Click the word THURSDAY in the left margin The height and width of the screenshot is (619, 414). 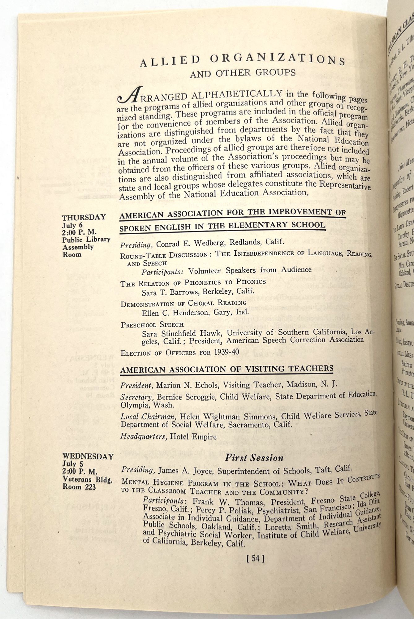tap(84, 217)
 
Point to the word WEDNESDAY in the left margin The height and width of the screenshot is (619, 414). tap(88, 457)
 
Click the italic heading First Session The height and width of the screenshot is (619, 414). tap(254, 458)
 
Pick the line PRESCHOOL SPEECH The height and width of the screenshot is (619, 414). tap(152, 325)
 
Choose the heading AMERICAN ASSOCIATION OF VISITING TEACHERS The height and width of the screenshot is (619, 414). tap(226, 369)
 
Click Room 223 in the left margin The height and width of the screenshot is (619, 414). tap(79, 487)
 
